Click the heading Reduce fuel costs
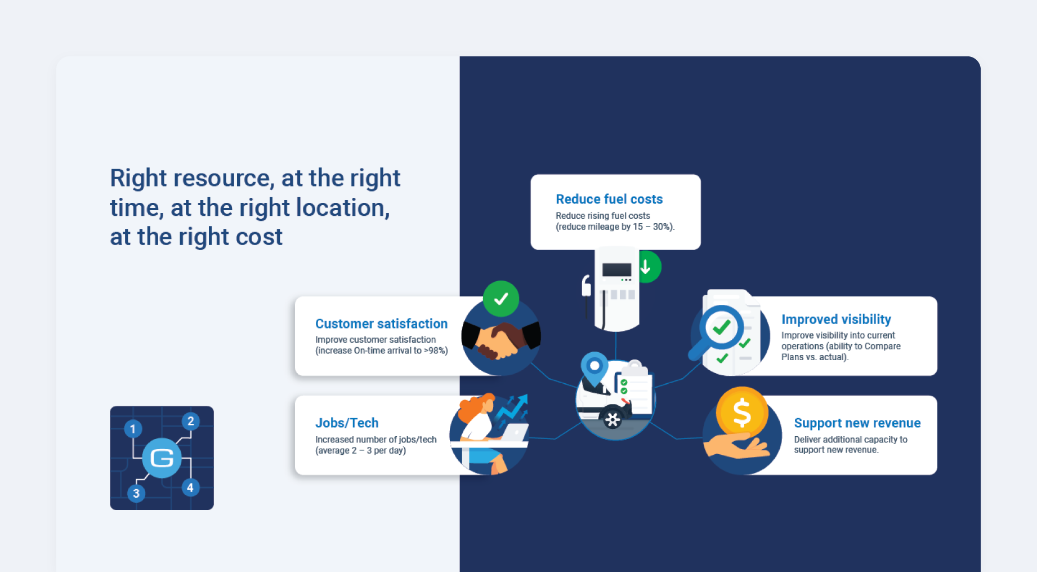point(609,199)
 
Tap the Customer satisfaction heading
point(381,323)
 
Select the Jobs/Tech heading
point(347,423)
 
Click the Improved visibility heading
point(836,320)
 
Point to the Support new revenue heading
point(857,423)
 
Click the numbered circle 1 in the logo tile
point(133,429)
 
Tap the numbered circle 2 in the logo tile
point(191,421)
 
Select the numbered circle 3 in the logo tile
point(136,493)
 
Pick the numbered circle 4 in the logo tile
point(190,487)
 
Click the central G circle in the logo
point(162,458)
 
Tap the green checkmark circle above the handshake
point(501,299)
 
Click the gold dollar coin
point(742,413)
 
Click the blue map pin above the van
point(595,369)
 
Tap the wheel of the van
point(613,419)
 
